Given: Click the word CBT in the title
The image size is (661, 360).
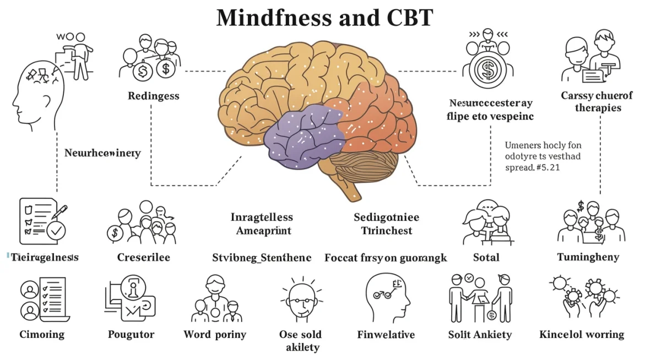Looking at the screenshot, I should pyautogui.click(x=407, y=18).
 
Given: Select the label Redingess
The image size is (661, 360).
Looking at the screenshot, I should pyautogui.click(x=154, y=96).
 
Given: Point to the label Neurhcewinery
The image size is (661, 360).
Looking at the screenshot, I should pyautogui.click(x=102, y=152).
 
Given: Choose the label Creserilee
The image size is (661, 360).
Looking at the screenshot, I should pyautogui.click(x=143, y=257).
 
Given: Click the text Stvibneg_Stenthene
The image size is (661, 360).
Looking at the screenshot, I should pyautogui.click(x=262, y=257).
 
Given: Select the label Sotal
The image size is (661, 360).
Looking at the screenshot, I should pyautogui.click(x=486, y=257).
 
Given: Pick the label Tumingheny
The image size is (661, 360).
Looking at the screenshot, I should pyautogui.click(x=588, y=257).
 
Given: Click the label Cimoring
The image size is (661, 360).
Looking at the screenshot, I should pyautogui.click(x=42, y=334).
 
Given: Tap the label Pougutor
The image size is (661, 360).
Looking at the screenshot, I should pyautogui.click(x=131, y=334).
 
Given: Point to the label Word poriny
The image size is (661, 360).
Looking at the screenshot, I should pyautogui.click(x=215, y=334).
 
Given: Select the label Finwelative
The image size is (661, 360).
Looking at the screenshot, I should pyautogui.click(x=386, y=334).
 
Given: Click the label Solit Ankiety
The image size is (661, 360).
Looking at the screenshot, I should pyautogui.click(x=480, y=334).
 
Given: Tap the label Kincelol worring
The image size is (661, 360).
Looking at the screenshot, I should pyautogui.click(x=582, y=334).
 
